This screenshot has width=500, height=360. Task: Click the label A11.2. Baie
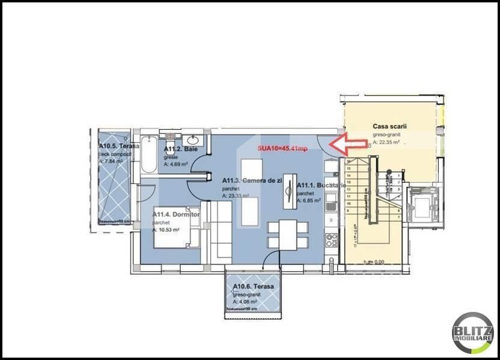pos(181,149)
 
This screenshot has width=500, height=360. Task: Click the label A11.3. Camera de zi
pos(251,180)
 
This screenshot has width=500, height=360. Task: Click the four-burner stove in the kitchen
pos(332,240)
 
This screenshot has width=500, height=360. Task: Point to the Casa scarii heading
pos(389,127)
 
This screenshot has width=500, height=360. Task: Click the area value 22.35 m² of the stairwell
pos(391,143)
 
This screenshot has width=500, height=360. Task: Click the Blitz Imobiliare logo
pos(473,333)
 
